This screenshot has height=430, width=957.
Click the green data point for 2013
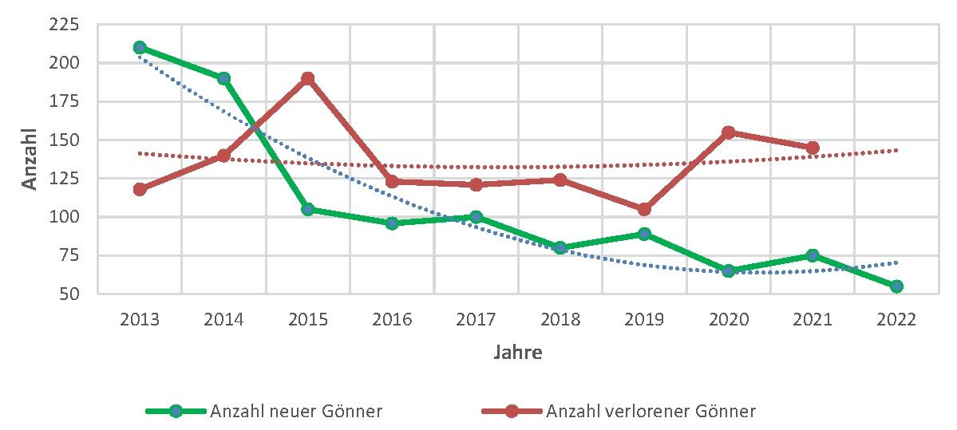point(140,47)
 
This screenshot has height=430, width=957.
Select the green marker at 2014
point(223,78)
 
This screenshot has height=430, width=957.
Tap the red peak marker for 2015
point(307,78)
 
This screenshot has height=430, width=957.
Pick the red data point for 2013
point(140,189)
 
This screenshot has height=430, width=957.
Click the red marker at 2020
point(729,132)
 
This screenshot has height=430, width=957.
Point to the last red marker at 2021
point(813,148)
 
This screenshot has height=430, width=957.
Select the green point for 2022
point(896,286)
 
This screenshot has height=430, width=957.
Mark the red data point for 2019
point(644,209)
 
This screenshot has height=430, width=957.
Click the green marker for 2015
point(307,209)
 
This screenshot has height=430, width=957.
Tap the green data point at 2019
point(644,234)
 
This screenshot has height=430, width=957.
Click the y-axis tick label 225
point(64,26)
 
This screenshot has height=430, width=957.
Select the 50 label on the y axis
point(68,294)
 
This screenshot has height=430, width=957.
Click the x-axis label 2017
point(477,320)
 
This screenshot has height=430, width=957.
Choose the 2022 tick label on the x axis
point(896,320)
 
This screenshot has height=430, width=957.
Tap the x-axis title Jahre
point(517,352)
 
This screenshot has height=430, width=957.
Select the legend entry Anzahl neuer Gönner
point(295,412)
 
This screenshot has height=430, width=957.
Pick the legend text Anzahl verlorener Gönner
point(651,412)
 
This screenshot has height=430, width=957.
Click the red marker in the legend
point(512,412)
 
